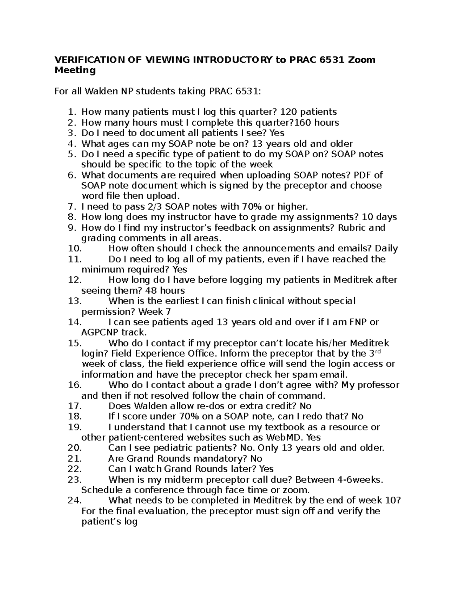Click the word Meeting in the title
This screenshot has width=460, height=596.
[x=75, y=70]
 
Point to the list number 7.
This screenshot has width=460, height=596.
[x=72, y=207]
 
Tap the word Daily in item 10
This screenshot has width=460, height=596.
[x=386, y=249]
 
